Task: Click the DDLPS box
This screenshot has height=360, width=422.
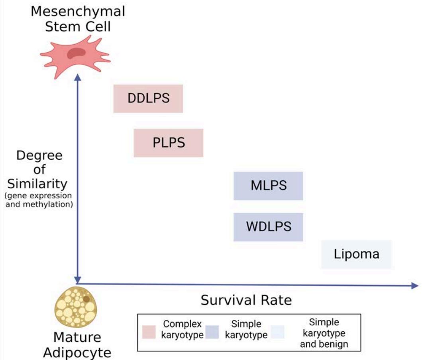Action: [x=148, y=98]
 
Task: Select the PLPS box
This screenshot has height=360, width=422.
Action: [x=168, y=143]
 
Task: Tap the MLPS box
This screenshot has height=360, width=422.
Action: [x=268, y=186]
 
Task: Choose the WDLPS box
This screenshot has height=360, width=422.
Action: [x=268, y=227]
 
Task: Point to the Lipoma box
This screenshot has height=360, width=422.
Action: [x=356, y=254]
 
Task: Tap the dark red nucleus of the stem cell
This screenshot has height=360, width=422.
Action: [x=75, y=52]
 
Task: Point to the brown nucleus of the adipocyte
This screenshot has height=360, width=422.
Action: [x=86, y=299]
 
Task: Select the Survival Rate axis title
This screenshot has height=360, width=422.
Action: [x=246, y=300]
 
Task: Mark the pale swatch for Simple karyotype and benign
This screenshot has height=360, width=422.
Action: [x=277, y=332]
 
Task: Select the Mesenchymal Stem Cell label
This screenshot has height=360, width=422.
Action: [x=78, y=19]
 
